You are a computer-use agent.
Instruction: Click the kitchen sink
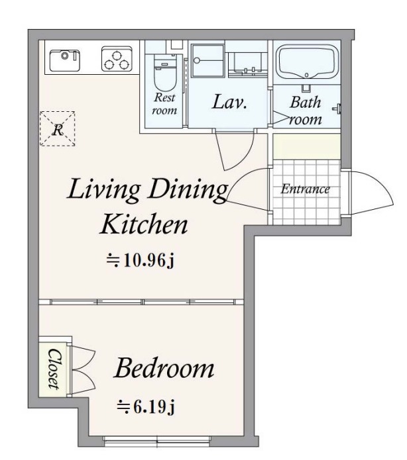[65, 60]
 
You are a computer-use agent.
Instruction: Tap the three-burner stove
[117, 59]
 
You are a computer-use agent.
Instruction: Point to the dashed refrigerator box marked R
[58, 128]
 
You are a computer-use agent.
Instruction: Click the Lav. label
[229, 103]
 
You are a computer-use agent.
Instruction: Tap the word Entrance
[305, 189]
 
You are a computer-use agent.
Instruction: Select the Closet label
[54, 369]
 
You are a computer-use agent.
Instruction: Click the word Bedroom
[164, 368]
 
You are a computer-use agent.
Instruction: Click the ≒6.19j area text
[146, 406]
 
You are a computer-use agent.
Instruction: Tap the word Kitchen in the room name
[144, 224]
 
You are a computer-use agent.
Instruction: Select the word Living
[103, 191]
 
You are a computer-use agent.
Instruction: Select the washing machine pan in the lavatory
[207, 61]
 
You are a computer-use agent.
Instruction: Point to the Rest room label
[164, 103]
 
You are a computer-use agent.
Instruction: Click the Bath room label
[306, 111]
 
